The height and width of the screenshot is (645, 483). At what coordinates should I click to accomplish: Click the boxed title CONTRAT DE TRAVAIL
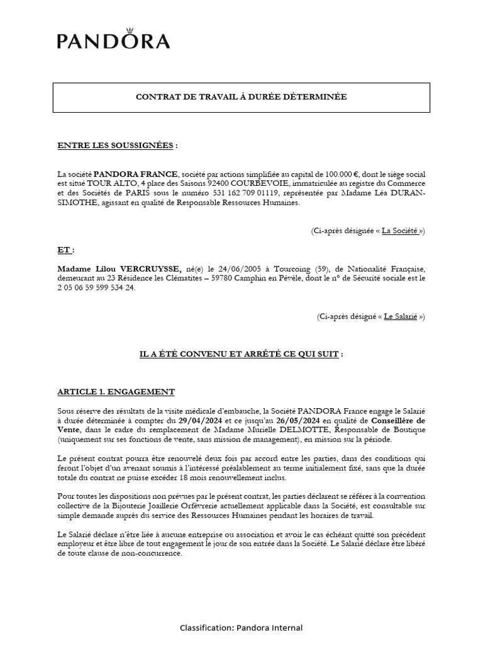click(241, 97)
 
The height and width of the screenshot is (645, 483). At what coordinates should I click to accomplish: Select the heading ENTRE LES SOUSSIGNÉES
click(115, 146)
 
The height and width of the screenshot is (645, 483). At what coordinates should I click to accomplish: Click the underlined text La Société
click(400, 231)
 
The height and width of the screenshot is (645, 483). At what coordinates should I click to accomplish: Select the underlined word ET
click(64, 250)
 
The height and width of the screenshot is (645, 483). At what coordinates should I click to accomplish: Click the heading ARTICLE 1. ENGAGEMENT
click(116, 392)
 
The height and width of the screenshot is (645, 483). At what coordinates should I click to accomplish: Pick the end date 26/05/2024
click(298, 420)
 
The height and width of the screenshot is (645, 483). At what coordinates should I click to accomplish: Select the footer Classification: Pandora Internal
click(241, 627)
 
